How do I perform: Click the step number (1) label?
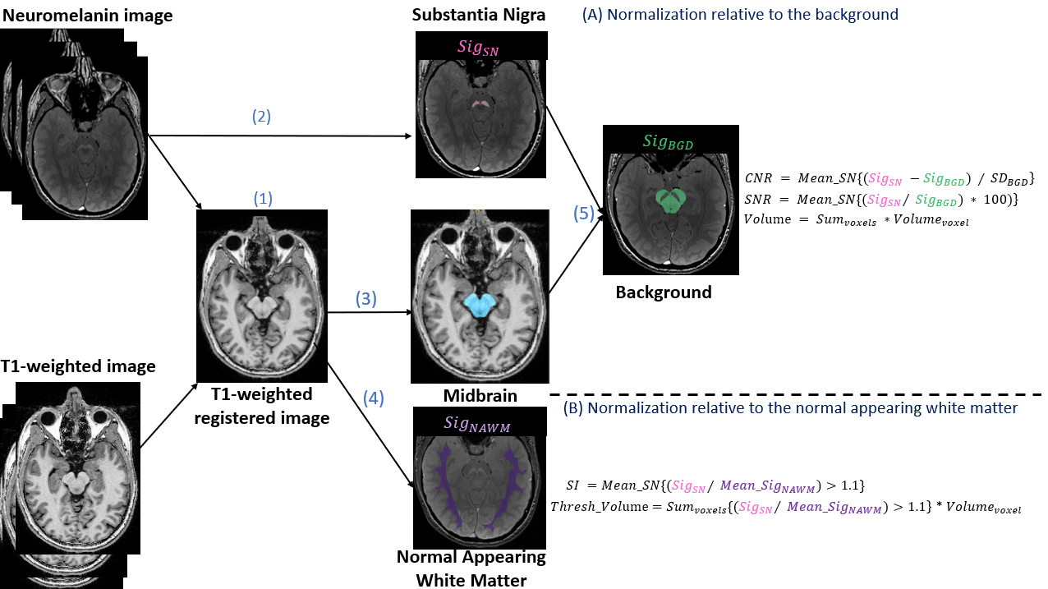[x=263, y=199]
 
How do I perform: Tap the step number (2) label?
[x=260, y=117]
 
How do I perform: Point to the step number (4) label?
[x=373, y=398]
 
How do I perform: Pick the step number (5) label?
[x=583, y=214]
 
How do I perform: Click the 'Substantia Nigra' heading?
[x=479, y=15]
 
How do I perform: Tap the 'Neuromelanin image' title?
[x=86, y=15]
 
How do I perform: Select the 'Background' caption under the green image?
[x=664, y=292]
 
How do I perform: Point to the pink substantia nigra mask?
[x=480, y=104]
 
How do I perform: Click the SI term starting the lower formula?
[x=573, y=485]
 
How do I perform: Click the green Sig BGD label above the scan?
[x=669, y=142]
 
